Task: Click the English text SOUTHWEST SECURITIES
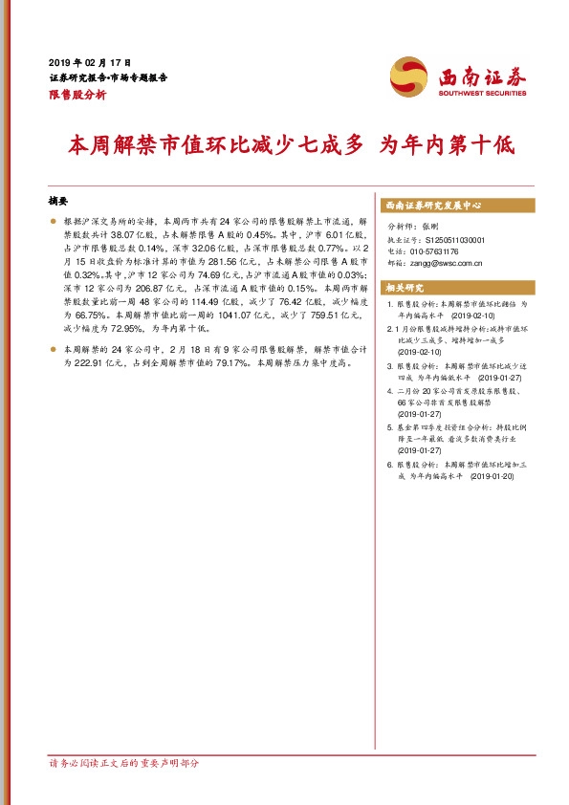click(482, 94)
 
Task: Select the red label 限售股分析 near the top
click(77, 95)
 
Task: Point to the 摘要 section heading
click(59, 203)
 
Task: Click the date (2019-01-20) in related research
click(494, 475)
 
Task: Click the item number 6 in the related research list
click(389, 464)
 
